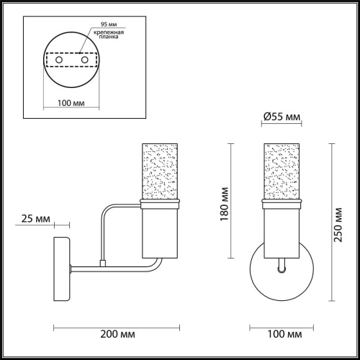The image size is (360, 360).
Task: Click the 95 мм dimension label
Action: coord(109,24)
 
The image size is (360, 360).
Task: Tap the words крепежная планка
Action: coord(109,35)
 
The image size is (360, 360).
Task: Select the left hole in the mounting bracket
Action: coord(59,60)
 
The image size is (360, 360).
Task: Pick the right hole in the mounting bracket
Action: coord(84,60)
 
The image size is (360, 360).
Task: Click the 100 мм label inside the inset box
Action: coord(71,103)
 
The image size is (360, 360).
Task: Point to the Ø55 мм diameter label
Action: coord(282,117)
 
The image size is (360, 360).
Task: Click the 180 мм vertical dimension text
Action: coord(224,204)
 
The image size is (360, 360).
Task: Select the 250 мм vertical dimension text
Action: coord(338,225)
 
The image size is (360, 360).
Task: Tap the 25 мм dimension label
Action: coord(36,219)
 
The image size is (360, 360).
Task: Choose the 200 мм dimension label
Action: coord(117,334)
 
